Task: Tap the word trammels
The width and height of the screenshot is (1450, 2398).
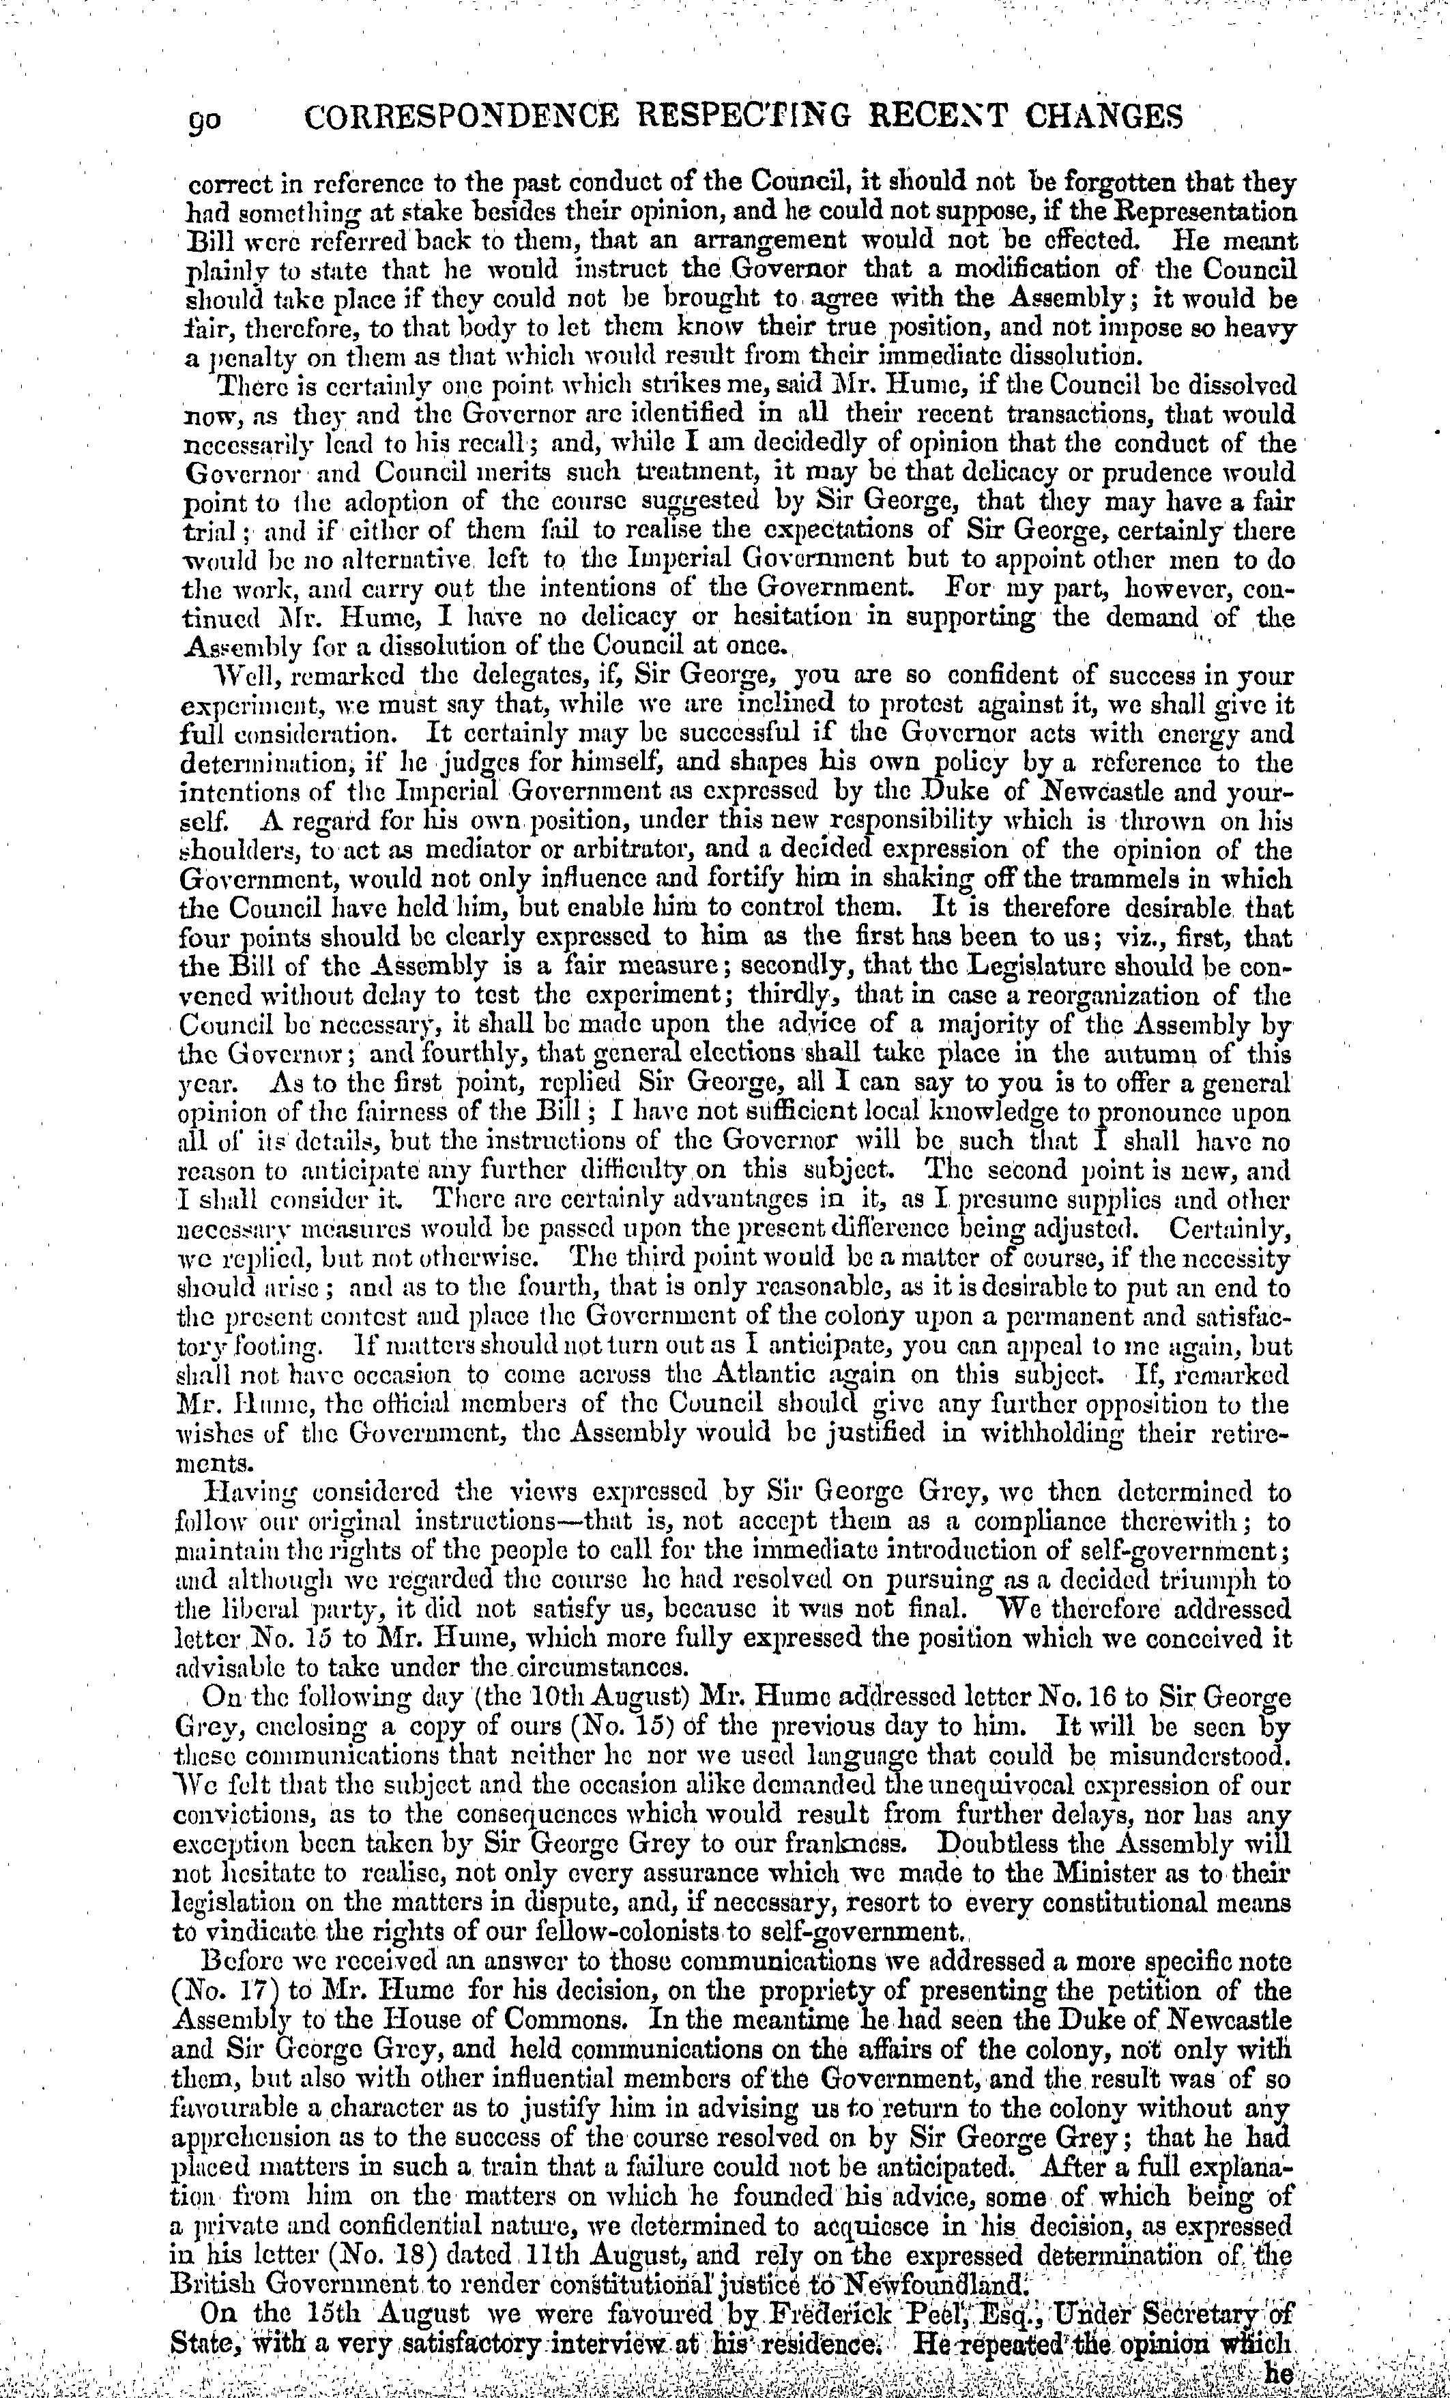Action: [1133, 880]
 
